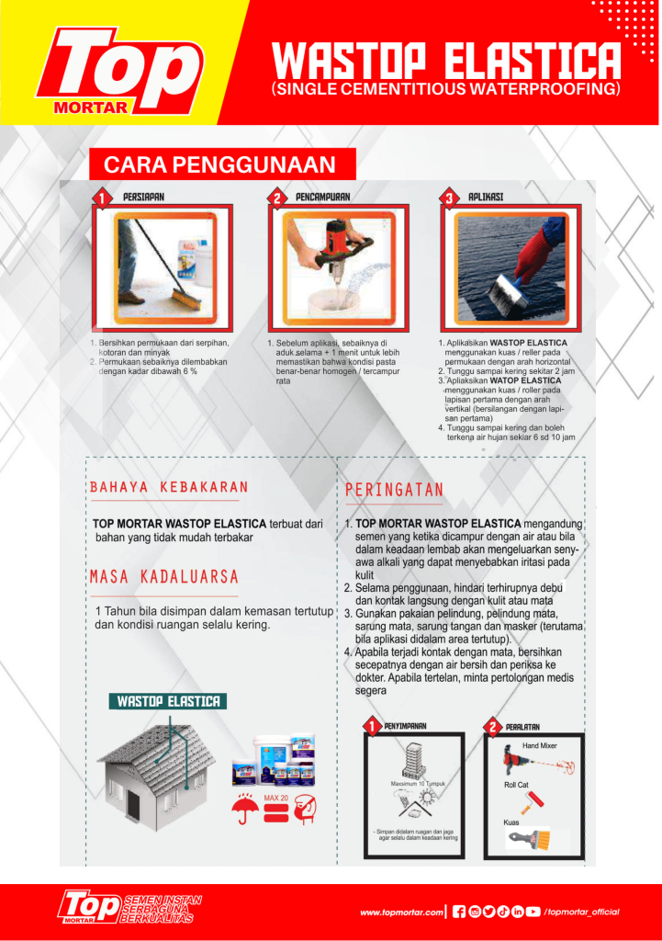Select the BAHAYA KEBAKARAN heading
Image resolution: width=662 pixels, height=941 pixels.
tap(169, 487)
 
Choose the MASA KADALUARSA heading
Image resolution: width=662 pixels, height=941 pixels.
tap(164, 577)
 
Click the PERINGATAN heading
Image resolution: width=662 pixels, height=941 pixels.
tap(394, 490)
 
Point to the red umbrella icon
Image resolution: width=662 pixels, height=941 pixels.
tap(244, 808)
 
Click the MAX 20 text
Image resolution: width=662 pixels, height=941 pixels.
tap(276, 798)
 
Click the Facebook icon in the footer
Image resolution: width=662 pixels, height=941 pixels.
tap(459, 912)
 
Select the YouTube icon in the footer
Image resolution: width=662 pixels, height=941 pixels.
tap(533, 912)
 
